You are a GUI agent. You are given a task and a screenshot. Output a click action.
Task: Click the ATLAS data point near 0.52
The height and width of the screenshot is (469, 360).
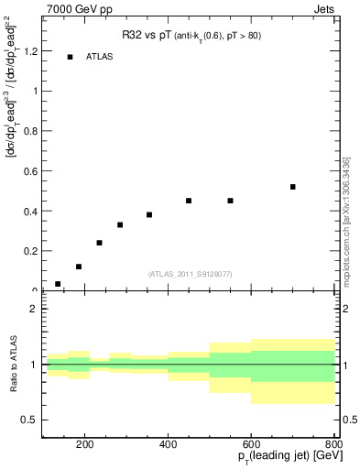point(293,187)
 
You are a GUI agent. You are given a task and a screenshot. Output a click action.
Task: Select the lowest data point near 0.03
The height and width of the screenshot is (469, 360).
point(58,284)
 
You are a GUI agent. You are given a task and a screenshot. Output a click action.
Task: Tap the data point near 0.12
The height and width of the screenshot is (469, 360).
point(79,267)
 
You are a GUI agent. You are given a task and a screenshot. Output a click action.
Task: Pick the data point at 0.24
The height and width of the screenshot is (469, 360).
point(99,243)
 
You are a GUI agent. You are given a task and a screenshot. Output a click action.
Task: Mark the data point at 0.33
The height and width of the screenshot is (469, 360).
point(120,224)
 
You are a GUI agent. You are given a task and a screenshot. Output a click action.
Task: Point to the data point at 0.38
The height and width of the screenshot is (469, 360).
point(149,214)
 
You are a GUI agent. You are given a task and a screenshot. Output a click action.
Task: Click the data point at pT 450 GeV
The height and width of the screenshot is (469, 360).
point(189,201)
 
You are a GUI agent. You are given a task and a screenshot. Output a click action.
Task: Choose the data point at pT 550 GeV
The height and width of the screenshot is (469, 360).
point(231,201)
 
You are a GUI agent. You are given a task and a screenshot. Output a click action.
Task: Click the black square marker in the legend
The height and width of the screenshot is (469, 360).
point(70,57)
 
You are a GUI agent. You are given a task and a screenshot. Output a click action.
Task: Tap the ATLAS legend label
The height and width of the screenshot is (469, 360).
point(99,57)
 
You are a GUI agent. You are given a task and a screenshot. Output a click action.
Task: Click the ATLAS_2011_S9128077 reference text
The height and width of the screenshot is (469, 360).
point(189,274)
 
